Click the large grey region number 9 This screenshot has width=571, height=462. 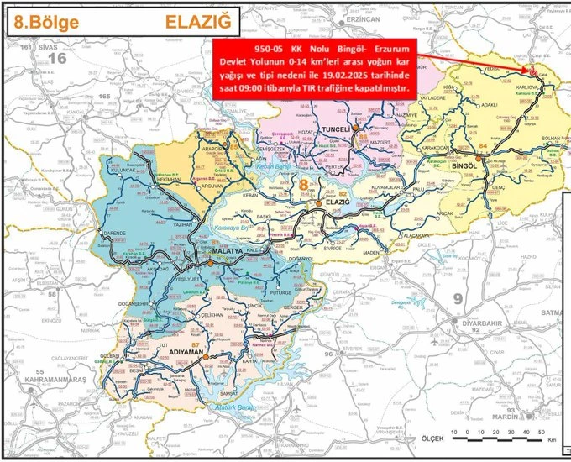tap(458, 298)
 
